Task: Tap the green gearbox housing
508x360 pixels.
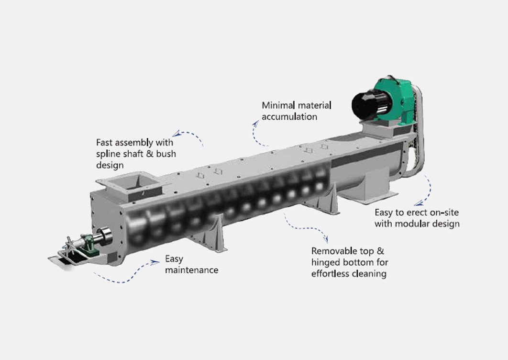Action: (397, 97)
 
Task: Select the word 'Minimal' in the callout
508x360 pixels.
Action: (278, 105)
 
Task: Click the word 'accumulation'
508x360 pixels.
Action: (289, 116)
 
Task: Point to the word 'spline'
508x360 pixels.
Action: (108, 154)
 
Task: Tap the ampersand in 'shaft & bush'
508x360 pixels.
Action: (150, 153)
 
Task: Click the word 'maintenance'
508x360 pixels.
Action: (191, 270)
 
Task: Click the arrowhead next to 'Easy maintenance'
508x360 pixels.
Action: (155, 262)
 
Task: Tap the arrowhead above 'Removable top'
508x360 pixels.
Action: (326, 239)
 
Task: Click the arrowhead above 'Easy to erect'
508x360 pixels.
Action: (419, 203)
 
